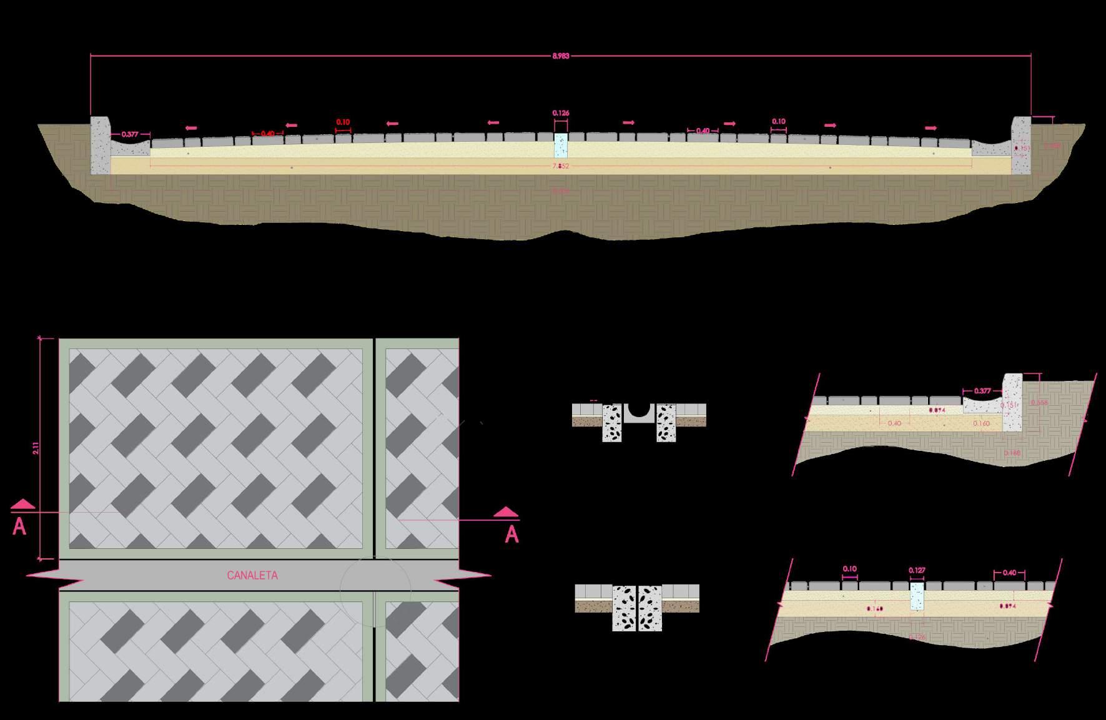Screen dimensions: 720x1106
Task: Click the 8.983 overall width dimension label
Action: pyautogui.click(x=560, y=56)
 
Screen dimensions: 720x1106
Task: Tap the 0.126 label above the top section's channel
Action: pyautogui.click(x=561, y=113)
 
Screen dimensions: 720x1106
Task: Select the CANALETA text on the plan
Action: pyautogui.click(x=252, y=575)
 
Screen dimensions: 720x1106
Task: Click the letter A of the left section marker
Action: pyautogui.click(x=19, y=528)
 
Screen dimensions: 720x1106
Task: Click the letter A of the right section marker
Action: pyautogui.click(x=512, y=535)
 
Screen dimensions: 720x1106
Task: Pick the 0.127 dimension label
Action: pyautogui.click(x=917, y=570)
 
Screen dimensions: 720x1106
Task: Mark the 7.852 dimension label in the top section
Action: pyautogui.click(x=560, y=166)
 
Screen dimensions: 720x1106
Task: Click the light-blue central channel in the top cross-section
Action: pyautogui.click(x=561, y=145)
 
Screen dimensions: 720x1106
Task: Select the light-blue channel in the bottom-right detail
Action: pyautogui.click(x=916, y=596)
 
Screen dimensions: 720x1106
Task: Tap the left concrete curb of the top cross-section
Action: pyautogui.click(x=100, y=145)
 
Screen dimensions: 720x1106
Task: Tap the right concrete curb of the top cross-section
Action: pyautogui.click(x=1020, y=145)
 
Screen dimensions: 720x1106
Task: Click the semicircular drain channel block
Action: pyautogui.click(x=638, y=412)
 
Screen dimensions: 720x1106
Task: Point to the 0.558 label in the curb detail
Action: pyautogui.click(x=1039, y=403)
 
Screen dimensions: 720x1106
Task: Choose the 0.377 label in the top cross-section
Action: pyautogui.click(x=130, y=134)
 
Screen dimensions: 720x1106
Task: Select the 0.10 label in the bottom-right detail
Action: pyautogui.click(x=849, y=569)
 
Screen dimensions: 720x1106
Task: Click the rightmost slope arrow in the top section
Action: pyautogui.click(x=931, y=128)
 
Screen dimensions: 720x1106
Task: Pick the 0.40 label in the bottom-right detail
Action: pyautogui.click(x=1009, y=573)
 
